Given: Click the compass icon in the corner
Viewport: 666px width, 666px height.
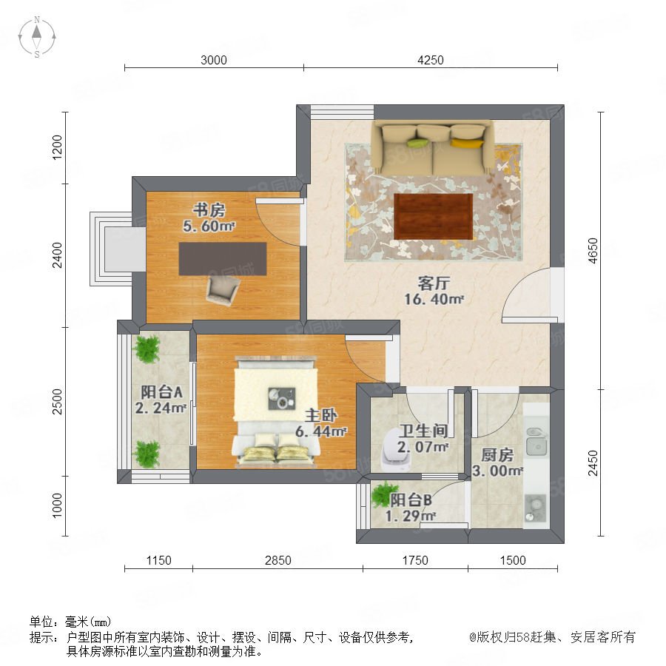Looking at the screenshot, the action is coord(37,37).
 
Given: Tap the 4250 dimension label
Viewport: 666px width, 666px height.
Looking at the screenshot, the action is coord(430,60).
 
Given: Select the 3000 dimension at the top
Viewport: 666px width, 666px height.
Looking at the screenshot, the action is coord(214,60).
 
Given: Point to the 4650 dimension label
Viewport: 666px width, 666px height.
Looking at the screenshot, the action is coord(593,251).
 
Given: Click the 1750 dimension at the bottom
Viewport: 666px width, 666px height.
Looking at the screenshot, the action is coord(415,560).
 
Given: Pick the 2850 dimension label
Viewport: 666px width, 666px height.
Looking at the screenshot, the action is coord(277,560).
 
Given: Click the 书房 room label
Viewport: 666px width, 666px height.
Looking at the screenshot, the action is coord(209,210).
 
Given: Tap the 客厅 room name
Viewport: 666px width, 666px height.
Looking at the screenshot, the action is coord(434,283).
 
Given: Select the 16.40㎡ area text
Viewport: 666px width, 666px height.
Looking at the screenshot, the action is coord(434,299).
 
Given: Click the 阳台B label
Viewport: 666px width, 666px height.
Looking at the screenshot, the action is coord(411,500).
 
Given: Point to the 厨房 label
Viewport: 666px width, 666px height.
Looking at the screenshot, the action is coord(497,455).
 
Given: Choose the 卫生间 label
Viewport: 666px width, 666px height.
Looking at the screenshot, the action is coord(423,431).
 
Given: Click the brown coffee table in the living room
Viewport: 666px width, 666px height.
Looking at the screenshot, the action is coord(433,217).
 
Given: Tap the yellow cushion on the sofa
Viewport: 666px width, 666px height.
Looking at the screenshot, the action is coord(467,142).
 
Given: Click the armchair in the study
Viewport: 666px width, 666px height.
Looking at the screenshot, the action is coord(223,289).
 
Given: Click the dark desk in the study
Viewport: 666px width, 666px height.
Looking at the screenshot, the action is coord(223,259).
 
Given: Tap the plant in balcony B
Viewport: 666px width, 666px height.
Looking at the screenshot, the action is coord(383,494).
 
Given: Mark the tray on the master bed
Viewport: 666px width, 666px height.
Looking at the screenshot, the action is coord(282,399).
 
